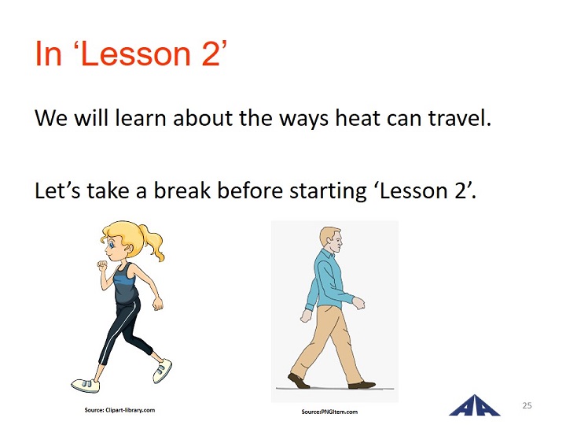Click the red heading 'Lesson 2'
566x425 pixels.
[x=151, y=54]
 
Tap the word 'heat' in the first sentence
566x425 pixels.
[x=358, y=118]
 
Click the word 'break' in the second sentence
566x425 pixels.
[x=182, y=190]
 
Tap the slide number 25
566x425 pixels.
[x=527, y=405]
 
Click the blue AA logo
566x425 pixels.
[x=474, y=405]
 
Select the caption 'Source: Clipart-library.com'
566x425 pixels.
[x=119, y=410]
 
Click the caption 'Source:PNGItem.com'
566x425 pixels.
[x=329, y=412]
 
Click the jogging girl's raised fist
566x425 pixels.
[x=102, y=265]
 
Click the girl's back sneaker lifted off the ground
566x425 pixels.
[x=162, y=371]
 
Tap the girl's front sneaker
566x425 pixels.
[x=86, y=385]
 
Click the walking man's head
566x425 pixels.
[x=331, y=241]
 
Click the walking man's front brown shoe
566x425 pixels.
[x=362, y=385]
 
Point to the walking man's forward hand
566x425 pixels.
[x=358, y=303]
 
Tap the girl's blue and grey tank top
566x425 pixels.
[x=125, y=283]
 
